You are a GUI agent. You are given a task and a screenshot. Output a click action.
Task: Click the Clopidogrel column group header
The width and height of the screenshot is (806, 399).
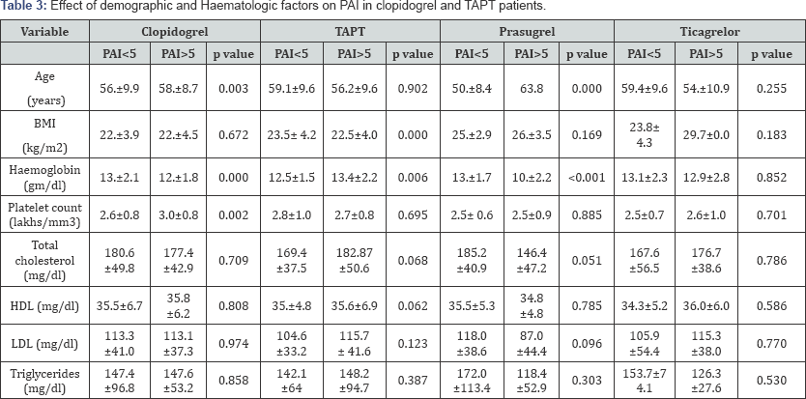175,31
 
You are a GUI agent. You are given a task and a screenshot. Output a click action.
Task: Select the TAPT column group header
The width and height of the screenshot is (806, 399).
350,31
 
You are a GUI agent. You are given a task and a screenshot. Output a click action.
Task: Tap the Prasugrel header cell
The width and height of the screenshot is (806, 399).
527,31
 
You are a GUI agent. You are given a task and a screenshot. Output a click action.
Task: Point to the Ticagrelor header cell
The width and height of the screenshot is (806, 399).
710,31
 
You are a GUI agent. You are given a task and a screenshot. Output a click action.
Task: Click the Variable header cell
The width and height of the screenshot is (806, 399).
44,31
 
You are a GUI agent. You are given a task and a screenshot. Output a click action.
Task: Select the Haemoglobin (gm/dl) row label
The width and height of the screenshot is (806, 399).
44,178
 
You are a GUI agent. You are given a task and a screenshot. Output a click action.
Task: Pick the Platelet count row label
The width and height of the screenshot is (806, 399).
44,214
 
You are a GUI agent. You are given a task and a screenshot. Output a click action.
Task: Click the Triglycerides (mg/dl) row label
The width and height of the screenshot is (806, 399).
44,380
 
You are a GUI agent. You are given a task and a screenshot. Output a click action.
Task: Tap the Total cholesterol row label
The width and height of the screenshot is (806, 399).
44,260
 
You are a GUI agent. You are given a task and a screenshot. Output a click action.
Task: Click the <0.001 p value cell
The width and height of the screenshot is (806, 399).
587,178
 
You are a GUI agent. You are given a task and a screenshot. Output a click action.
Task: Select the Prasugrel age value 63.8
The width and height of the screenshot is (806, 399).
532,89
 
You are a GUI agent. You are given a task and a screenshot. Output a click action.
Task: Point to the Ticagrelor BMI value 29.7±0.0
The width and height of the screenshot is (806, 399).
706,135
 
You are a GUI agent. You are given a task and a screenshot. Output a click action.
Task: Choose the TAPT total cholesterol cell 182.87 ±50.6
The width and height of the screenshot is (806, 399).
355,260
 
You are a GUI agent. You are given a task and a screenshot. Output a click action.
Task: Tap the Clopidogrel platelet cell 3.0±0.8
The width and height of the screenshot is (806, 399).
178,214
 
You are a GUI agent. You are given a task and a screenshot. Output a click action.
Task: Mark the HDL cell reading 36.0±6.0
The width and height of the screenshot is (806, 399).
706,306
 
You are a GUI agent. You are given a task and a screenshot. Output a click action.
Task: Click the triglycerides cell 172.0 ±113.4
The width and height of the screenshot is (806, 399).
472,380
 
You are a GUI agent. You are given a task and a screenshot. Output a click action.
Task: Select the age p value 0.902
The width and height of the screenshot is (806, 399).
413,89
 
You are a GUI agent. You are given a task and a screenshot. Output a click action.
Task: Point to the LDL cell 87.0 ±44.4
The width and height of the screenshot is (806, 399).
532,344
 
